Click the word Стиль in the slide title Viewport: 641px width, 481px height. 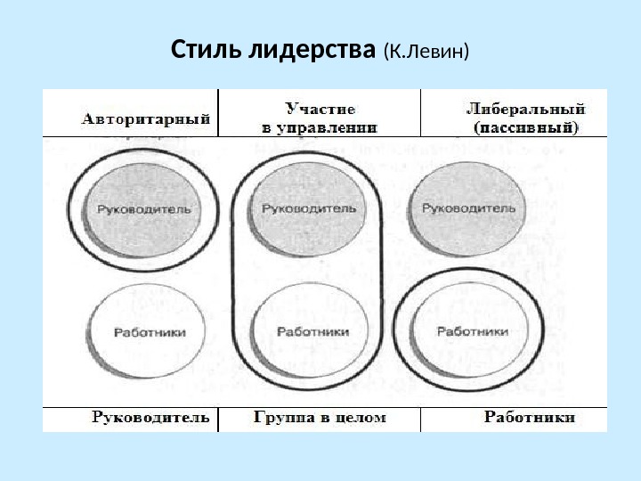tap(201, 48)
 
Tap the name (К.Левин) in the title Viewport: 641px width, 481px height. tap(426, 50)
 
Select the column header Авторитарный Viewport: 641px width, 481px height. tap(147, 117)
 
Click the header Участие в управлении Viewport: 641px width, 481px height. tap(320, 118)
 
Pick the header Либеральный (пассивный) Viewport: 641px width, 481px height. tap(525, 118)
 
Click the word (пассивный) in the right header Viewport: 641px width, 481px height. tap(525, 127)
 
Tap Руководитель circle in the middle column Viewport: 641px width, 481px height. tap(309, 209)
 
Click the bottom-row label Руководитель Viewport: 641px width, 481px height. tap(150, 417)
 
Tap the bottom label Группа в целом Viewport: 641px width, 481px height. tap(320, 417)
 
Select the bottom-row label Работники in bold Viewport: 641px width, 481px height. tap(529, 417)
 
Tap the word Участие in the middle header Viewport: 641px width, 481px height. tap(320, 109)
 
